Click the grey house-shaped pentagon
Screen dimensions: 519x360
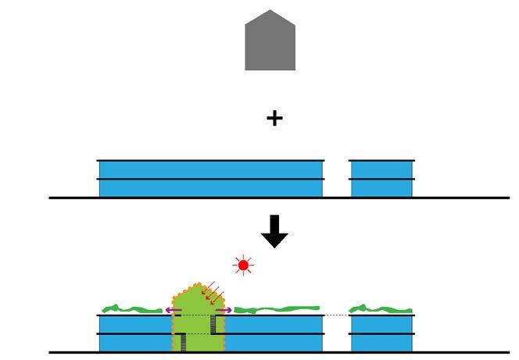click(270, 42)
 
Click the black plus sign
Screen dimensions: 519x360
click(274, 119)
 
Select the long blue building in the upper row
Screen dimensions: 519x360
click(210, 178)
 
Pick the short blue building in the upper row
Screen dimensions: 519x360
click(381, 178)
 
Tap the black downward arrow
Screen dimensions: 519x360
click(274, 230)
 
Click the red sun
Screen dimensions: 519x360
click(244, 266)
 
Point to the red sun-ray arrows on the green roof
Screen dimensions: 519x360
click(212, 294)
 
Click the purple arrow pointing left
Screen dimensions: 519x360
click(173, 310)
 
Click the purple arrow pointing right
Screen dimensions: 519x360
click(224, 310)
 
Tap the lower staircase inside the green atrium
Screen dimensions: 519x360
click(183, 341)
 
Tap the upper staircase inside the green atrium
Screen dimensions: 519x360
click(213, 323)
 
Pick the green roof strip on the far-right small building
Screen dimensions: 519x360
click(381, 310)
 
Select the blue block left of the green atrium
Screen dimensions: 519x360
click(134, 333)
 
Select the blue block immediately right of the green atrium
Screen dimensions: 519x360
click(274, 333)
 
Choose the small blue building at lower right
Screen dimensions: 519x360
click(381, 333)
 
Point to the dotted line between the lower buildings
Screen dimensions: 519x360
click(336, 315)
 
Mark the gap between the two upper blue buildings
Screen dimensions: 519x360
click(336, 178)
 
